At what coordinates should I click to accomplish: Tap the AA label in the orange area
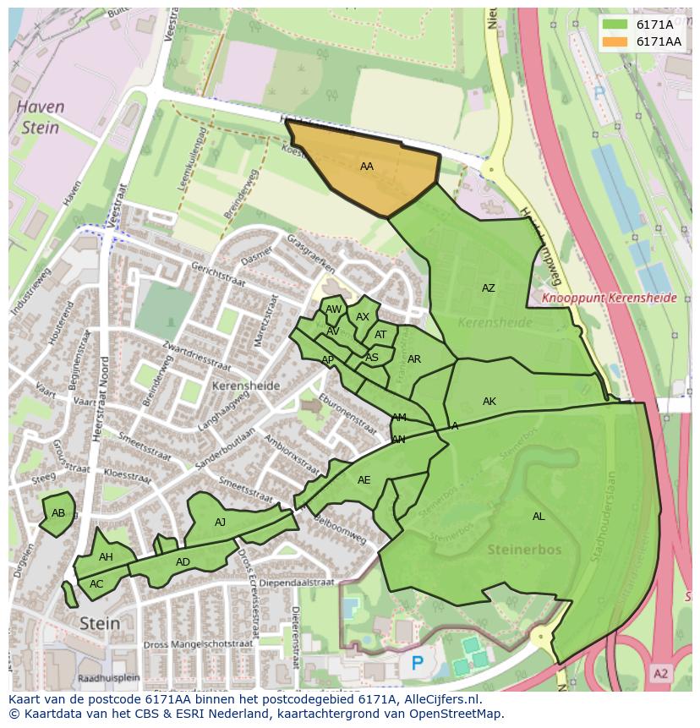coord(366,167)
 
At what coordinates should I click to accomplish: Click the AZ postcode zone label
coord(488,288)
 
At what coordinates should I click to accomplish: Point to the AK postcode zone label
coord(489,402)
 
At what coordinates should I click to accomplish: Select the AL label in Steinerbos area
coord(538,517)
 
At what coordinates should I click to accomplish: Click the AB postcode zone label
coord(57,513)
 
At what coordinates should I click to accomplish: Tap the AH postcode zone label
coord(106,557)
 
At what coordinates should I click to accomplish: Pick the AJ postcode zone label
coord(220,523)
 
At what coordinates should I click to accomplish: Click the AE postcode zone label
coord(364,480)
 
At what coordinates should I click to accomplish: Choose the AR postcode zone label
coord(413,359)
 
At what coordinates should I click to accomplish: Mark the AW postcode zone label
coord(333,310)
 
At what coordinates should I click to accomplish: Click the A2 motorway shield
coord(661,673)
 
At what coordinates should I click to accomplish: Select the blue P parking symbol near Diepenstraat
coord(416,664)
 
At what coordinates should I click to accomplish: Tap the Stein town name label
coord(100,623)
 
